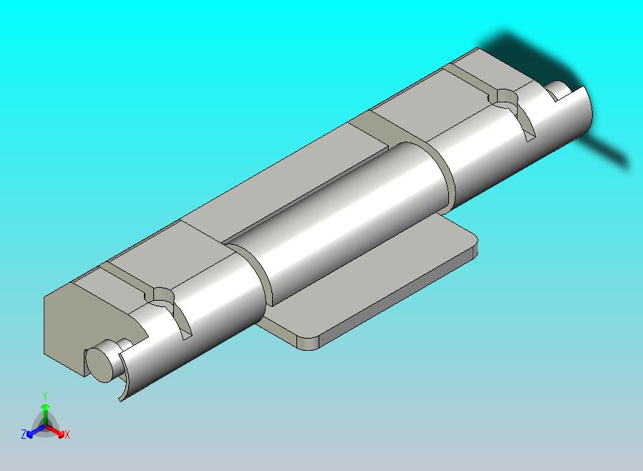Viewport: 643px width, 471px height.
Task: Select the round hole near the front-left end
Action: tap(161, 295)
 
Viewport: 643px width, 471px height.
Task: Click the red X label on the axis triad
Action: tap(67, 434)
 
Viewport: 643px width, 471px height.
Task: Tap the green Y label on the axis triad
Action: tap(44, 396)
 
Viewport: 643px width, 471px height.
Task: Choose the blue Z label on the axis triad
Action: tap(24, 434)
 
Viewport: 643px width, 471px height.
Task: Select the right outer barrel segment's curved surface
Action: tap(487, 154)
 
